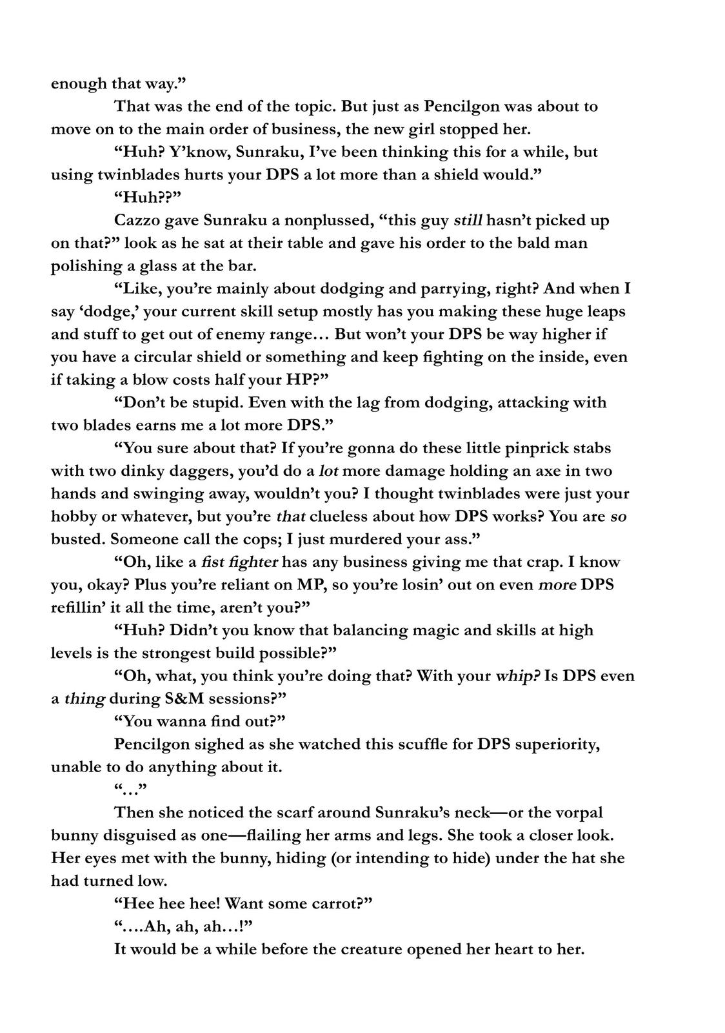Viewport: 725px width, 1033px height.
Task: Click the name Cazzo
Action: click(x=136, y=221)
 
